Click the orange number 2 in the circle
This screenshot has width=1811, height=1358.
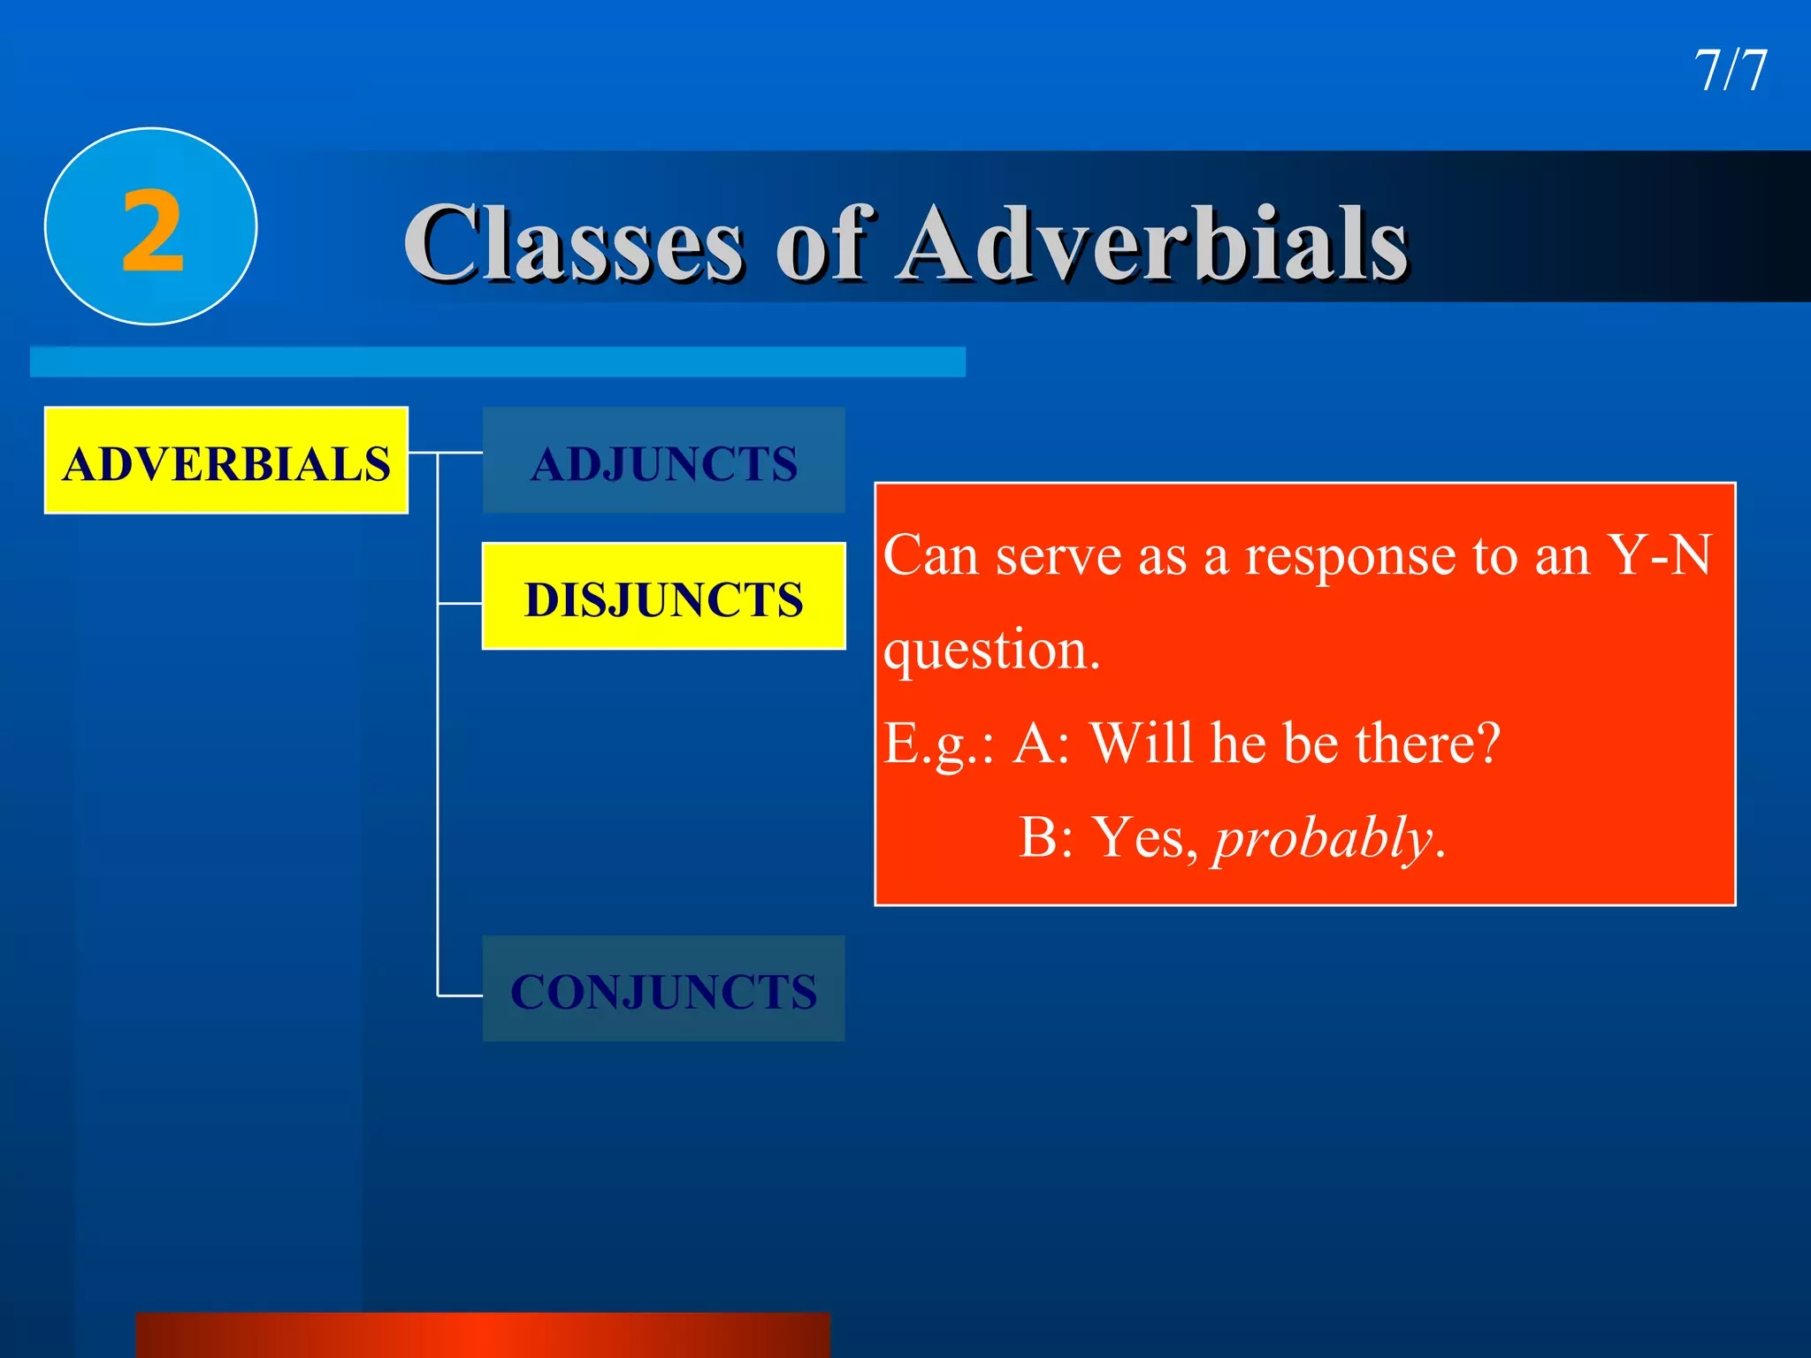(153, 232)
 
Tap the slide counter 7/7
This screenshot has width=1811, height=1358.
(1730, 71)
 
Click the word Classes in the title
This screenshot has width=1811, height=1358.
(574, 243)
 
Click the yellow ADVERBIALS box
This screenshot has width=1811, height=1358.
(226, 461)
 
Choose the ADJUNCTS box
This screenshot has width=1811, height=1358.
(663, 461)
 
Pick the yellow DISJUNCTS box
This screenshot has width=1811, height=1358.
(663, 597)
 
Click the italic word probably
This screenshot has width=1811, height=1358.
(1323, 838)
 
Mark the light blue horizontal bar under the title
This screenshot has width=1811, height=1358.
(497, 362)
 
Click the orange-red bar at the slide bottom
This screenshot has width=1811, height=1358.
(483, 1335)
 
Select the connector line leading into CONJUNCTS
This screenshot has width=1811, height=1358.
(460, 996)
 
